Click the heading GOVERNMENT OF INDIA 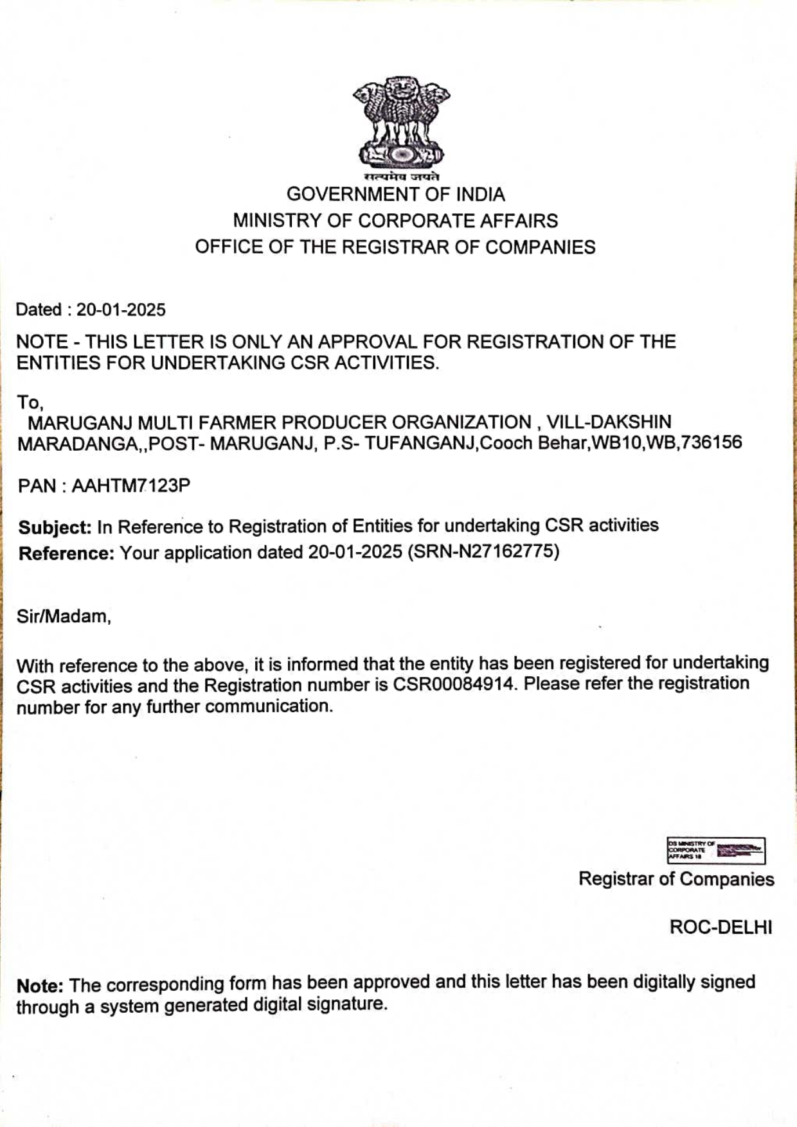click(x=395, y=194)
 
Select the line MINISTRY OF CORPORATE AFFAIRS click(x=395, y=221)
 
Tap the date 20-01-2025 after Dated click(x=121, y=310)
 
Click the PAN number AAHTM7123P click(x=130, y=485)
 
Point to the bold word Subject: click(x=55, y=527)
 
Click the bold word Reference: click(x=66, y=554)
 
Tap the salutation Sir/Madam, click(x=64, y=616)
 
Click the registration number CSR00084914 click(x=454, y=684)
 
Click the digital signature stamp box click(x=716, y=851)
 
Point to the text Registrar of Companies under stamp click(x=676, y=879)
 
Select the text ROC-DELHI click(x=721, y=927)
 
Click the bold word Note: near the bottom click(x=40, y=986)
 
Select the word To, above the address click(x=30, y=403)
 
